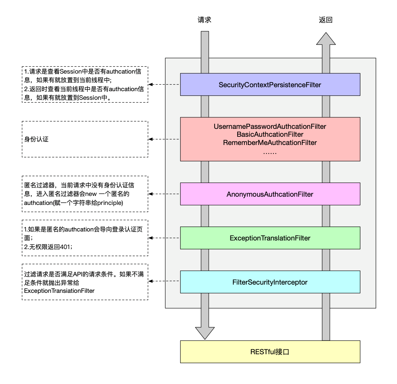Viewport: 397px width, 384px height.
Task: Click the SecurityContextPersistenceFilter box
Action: coord(270,85)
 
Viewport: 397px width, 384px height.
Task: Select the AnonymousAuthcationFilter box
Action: coord(270,194)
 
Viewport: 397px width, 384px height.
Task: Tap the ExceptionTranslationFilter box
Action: coord(270,238)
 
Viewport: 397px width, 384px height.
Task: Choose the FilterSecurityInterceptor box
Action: coord(270,282)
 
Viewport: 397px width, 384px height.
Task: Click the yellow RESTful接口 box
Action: coord(270,352)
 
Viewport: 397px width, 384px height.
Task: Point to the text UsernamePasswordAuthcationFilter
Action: coord(270,127)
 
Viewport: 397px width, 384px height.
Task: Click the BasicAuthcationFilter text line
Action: coord(270,135)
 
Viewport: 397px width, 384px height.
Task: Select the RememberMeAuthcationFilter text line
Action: coord(270,142)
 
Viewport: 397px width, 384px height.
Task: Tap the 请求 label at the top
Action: coord(205,20)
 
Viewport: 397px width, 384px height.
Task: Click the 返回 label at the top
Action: coord(326,20)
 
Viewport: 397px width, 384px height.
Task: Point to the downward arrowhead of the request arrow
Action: coord(205,333)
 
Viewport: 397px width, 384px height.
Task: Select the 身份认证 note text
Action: coord(36,139)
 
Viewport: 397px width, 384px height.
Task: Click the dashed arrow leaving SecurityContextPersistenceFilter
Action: coord(164,85)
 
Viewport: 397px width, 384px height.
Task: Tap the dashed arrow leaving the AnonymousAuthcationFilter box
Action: coord(164,194)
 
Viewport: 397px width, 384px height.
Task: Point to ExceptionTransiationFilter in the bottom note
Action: coord(59,291)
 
